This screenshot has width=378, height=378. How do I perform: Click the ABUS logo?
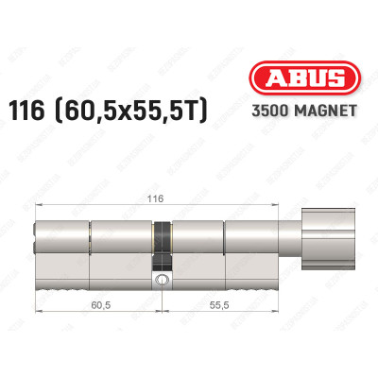click(304, 78)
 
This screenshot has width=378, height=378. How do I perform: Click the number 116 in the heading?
click(26, 111)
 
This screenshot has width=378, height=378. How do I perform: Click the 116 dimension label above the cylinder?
click(156, 199)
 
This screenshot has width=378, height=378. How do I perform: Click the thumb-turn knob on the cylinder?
click(328, 239)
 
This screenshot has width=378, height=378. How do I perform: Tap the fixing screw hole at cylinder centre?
click(162, 279)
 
